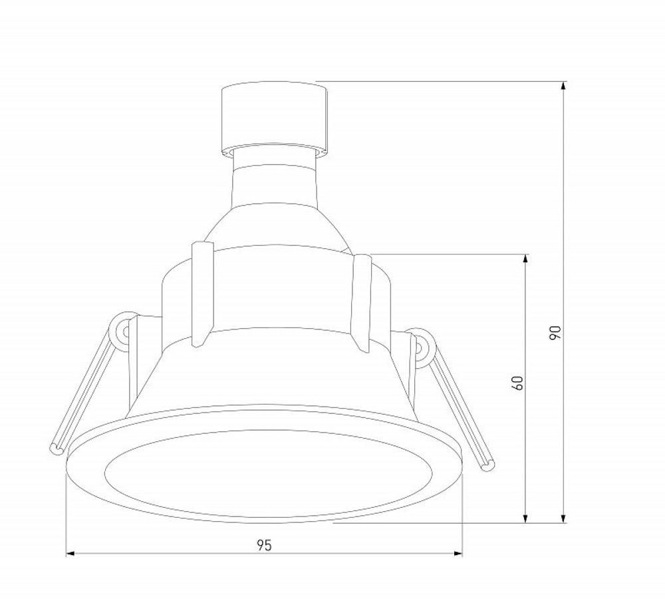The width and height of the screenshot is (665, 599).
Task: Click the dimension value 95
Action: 264,545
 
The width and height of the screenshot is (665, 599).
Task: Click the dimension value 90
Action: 556,333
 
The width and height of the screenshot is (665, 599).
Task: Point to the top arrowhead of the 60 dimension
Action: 526,258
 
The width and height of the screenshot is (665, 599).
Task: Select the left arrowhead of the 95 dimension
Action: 70,553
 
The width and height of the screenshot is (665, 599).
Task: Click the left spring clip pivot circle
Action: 123,331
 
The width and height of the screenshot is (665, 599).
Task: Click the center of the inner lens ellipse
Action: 268,473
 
